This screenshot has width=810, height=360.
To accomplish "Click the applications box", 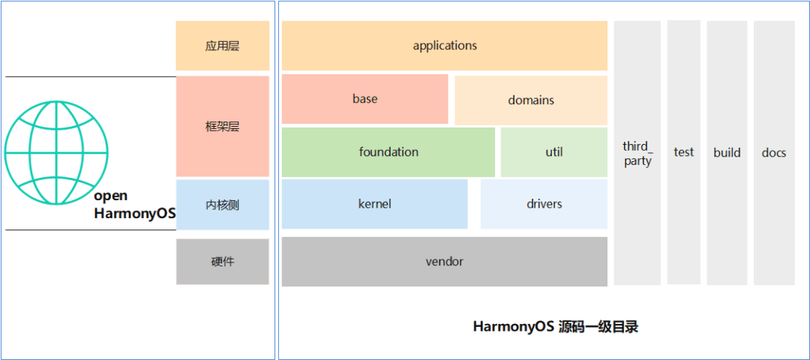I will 444,46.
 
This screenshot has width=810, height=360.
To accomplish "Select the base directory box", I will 364,99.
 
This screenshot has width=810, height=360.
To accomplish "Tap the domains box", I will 531,100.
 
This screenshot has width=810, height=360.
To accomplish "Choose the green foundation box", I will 388,152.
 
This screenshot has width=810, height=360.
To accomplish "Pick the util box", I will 553,152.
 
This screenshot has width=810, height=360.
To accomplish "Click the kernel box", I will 374,204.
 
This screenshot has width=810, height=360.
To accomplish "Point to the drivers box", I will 544,204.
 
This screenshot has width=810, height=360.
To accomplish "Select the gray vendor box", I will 444,262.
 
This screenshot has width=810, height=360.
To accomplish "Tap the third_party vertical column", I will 637,153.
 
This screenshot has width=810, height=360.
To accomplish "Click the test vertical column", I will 683,152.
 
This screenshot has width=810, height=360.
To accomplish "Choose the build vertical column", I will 726,153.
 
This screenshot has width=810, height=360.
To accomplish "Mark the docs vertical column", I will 773,153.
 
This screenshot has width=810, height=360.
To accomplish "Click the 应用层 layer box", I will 222,46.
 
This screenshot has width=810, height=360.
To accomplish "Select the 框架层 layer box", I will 222,127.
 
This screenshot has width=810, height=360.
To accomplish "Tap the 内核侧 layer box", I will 222,205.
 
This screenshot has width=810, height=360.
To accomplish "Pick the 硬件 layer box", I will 222,262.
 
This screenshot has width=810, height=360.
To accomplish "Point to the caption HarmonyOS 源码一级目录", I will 555,327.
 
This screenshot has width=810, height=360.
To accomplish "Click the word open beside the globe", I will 111,196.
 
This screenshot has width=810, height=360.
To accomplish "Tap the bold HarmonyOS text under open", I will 134,214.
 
